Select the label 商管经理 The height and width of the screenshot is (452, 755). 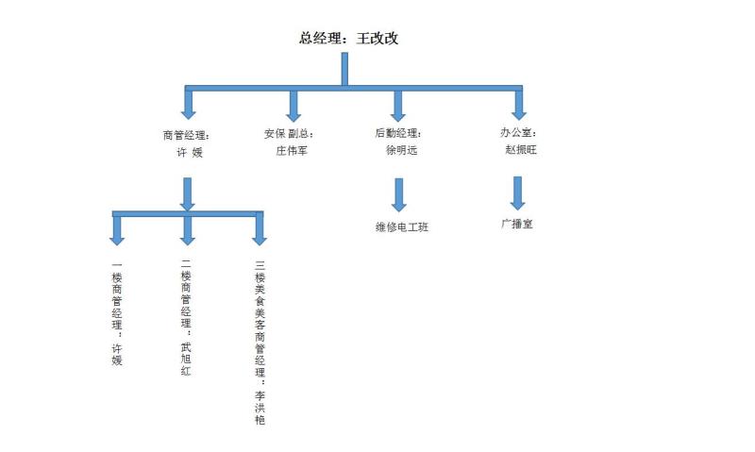click(x=185, y=134)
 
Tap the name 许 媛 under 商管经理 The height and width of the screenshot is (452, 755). click(x=190, y=151)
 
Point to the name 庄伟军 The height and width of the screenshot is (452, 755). click(x=292, y=150)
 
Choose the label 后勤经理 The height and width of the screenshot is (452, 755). click(x=398, y=134)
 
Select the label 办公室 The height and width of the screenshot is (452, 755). click(x=518, y=134)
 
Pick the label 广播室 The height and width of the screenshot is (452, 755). click(x=517, y=225)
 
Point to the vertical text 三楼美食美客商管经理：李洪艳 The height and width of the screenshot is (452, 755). click(x=260, y=343)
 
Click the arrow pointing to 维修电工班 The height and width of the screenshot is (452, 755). click(x=398, y=194)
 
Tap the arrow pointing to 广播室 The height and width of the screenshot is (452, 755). click(x=517, y=192)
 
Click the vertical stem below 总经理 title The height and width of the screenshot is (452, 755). click(x=344, y=69)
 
